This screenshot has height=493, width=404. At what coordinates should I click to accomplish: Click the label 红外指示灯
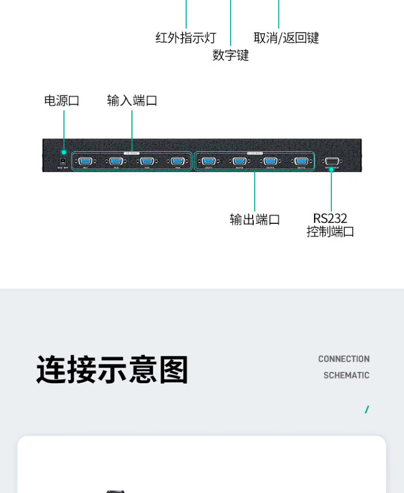185,38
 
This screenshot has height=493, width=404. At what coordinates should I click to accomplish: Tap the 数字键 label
231,55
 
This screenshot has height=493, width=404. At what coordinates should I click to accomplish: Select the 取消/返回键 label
286,38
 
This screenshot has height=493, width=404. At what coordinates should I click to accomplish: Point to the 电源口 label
61,101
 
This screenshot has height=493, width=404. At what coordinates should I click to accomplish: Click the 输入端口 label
132,101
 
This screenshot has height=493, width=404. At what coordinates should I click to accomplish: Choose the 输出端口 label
255,220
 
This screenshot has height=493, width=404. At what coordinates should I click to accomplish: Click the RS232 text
330,219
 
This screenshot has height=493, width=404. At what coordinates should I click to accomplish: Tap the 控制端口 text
330,232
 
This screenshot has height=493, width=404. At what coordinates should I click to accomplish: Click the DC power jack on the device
62,161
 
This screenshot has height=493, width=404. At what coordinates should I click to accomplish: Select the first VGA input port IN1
85,161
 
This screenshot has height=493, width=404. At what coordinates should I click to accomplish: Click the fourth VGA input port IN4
178,161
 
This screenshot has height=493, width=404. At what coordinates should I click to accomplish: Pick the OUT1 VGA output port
209,161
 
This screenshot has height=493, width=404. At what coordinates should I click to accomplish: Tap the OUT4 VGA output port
302,161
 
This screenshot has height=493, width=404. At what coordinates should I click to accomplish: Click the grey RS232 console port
331,161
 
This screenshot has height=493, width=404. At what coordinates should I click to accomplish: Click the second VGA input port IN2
116,161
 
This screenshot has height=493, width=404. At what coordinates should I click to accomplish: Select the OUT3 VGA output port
270,161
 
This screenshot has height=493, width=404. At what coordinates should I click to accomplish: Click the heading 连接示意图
112,370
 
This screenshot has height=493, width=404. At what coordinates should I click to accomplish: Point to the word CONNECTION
344,359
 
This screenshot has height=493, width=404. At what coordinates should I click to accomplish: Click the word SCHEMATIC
346,375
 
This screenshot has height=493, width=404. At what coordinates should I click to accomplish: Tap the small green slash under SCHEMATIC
367,410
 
